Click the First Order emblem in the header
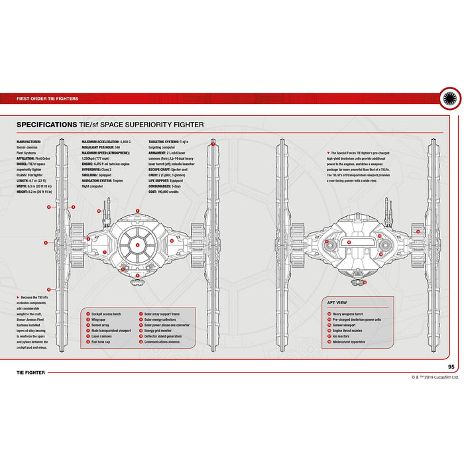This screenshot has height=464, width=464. tap(451, 99)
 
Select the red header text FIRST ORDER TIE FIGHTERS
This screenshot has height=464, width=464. tap(47, 99)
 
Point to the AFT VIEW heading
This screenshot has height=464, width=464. tap(338, 301)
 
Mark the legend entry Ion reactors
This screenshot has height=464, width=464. tap(342, 336)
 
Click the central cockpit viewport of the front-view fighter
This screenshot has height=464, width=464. tap(138, 244)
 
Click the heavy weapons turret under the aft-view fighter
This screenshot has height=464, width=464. tap(356, 282)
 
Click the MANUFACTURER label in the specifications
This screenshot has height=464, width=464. tap(30, 141)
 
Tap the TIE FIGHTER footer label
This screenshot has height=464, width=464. tap(30, 373)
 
